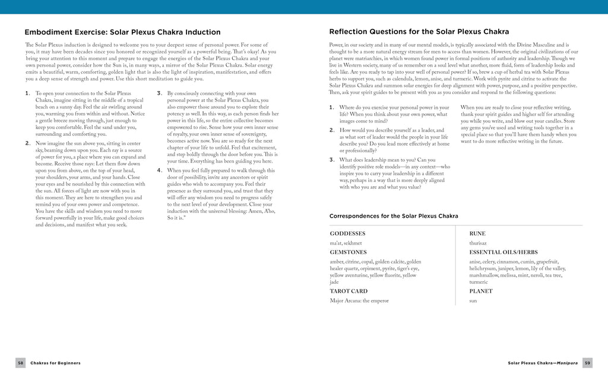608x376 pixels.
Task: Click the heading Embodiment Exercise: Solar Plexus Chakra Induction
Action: pos(122,32)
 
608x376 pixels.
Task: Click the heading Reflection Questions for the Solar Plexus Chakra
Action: pos(419,32)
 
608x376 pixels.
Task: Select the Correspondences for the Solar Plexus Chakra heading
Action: pos(394,216)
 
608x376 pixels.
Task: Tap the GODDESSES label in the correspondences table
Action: pos(347,234)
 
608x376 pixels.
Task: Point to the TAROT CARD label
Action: pos(349,292)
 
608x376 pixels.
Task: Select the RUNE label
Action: pos(477,234)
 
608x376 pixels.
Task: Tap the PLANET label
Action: pos(480,292)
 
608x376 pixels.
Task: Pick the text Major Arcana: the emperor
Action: pos(359,301)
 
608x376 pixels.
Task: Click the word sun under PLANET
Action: pos(473,301)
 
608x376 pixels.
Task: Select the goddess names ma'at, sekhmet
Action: pos(346,243)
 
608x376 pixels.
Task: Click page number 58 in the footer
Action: pos(20,363)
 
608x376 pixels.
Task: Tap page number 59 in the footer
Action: pos(587,363)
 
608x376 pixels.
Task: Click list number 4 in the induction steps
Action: pos(160,170)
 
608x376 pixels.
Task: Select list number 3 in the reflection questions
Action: pos(331,159)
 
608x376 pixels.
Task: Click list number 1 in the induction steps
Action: pos(27,93)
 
